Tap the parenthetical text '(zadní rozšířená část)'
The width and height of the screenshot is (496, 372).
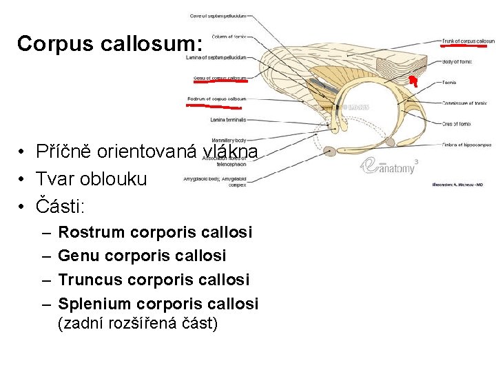point(138,322)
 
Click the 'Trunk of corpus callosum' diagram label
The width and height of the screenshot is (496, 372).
point(468,41)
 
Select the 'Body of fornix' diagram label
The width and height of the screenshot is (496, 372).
point(457,62)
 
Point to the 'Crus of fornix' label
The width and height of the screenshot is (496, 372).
point(457,123)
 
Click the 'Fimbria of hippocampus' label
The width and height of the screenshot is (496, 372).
point(466,144)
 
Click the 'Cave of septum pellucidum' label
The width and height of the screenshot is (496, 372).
point(218,16)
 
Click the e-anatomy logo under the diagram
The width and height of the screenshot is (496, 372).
point(390,166)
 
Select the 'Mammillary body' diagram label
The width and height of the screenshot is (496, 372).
point(229,141)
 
